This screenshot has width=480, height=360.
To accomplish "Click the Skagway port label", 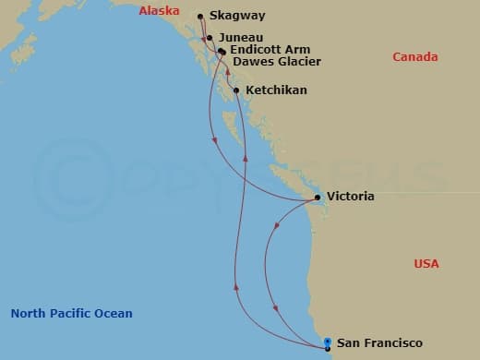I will click(238, 16).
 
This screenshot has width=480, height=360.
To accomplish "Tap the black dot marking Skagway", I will click(200, 16).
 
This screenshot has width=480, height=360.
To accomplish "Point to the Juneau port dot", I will click(210, 38).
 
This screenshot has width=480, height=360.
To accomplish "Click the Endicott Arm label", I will click(270, 49).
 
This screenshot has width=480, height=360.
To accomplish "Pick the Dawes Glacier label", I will click(277, 62).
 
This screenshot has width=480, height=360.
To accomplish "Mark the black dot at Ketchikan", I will click(237, 90).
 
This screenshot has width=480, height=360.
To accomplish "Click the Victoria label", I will click(351, 197).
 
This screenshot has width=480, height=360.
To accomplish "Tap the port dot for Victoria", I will click(318, 198).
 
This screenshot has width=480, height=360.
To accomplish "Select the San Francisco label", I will click(379, 343).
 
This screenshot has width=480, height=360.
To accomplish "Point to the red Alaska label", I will click(158, 11).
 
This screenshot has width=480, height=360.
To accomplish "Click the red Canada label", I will click(415, 57).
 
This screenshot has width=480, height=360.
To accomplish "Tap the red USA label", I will click(426, 264).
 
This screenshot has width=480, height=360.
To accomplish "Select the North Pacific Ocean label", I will click(71, 313).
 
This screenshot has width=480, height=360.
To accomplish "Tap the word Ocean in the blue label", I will click(114, 313).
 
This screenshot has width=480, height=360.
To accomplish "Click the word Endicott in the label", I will click(257, 49).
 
